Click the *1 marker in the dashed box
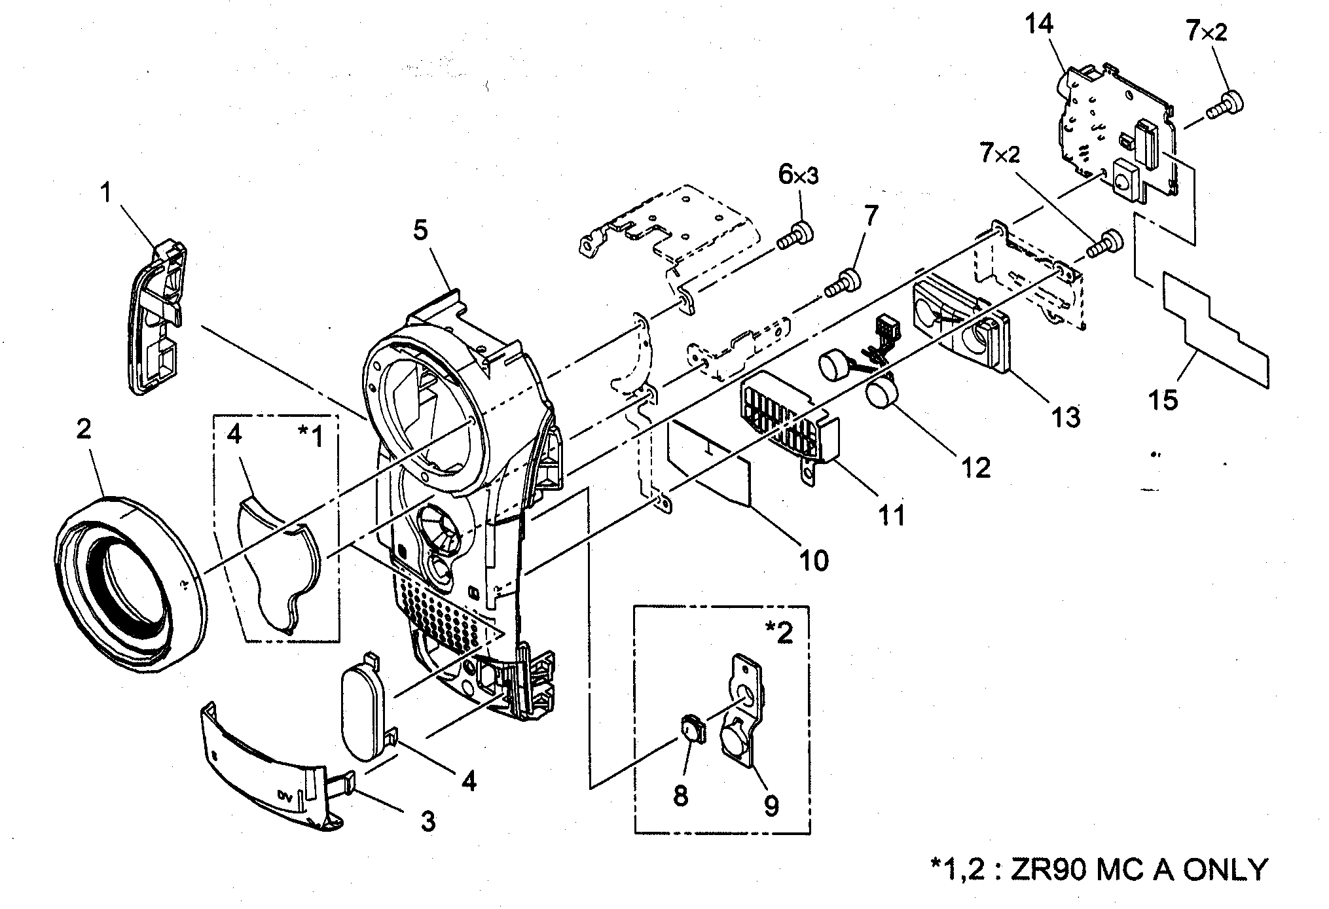310,436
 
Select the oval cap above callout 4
363,707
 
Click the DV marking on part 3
283,796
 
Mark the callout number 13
1065,416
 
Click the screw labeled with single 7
843,283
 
